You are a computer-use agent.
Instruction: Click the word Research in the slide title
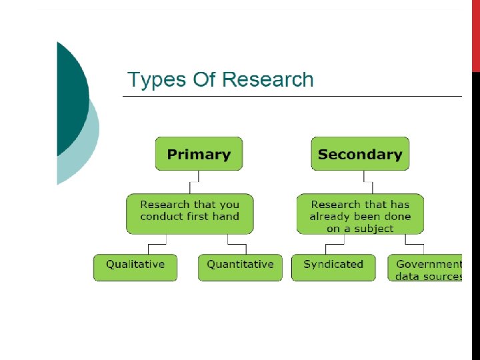tap(267, 80)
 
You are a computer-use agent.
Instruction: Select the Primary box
tap(199, 154)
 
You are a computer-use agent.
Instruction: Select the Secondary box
tap(360, 154)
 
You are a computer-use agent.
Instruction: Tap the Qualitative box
tap(135, 267)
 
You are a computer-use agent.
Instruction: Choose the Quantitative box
tap(240, 267)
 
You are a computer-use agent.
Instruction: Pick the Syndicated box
tap(333, 267)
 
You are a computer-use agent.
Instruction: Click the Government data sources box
tap(426, 269)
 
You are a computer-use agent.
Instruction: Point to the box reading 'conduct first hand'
tap(189, 213)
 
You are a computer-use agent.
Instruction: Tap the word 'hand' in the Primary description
tap(225, 216)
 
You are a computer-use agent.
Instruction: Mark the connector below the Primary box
tap(194, 182)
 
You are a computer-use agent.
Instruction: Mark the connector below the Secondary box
tap(365, 182)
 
